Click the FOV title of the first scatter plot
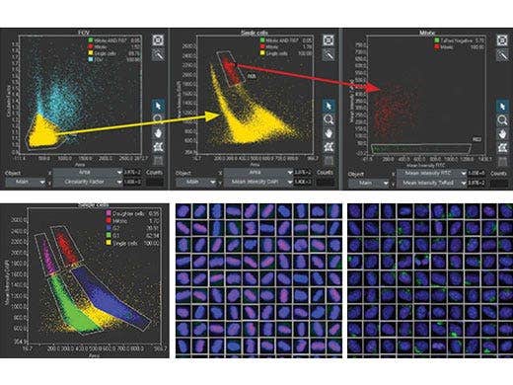(85, 33)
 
